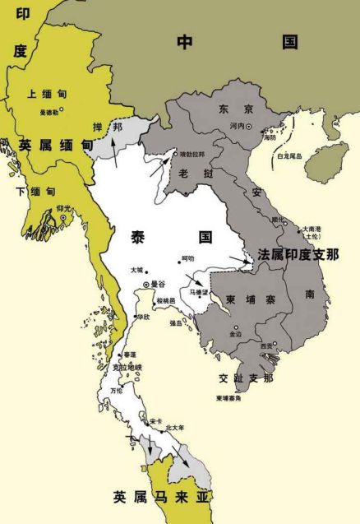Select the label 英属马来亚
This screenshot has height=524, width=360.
coord(175,497)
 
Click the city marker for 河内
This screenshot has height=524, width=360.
coord(261,127)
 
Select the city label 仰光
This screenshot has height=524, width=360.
coord(64,209)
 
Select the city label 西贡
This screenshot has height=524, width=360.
coord(265,347)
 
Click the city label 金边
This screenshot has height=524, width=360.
coord(236,334)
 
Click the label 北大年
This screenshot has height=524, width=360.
coord(175,428)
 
